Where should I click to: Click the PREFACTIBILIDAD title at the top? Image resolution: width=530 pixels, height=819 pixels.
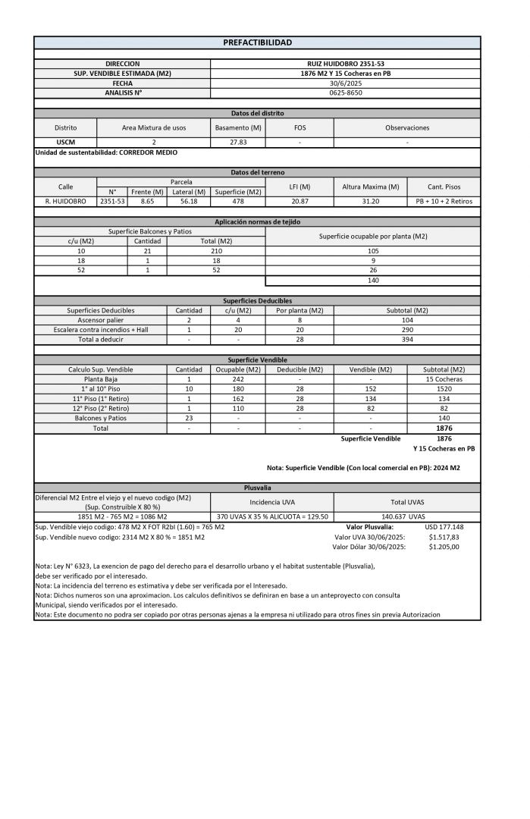pos(257,42)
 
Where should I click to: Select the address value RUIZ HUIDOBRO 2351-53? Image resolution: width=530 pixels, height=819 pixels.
pos(345,64)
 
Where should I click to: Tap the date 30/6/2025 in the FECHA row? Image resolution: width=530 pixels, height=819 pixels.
pos(345,83)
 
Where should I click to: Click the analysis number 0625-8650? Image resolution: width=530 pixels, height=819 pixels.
pos(345,93)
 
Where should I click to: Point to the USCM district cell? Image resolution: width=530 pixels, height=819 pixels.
pos(65,142)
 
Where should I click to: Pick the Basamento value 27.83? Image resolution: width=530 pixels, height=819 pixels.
pos(238,142)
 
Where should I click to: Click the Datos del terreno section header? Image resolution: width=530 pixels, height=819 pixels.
pos(257,173)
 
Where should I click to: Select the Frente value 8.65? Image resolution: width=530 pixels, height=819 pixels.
pos(146,202)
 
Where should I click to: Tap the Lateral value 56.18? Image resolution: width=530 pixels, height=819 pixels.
pos(190,202)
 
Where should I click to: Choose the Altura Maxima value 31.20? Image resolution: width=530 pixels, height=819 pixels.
pos(371,202)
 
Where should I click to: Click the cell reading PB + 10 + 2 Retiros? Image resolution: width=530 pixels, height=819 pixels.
pos(444,202)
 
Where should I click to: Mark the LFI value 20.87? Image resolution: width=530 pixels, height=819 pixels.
pos(299,202)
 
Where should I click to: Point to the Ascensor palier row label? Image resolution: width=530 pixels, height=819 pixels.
pos(100,320)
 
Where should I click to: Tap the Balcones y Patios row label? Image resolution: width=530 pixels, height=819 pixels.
pos(100,418)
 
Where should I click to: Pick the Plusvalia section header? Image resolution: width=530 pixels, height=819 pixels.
pos(257,488)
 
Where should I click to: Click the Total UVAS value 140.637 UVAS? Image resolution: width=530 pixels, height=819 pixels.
pos(407,516)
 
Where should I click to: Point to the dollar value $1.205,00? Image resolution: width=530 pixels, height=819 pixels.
pos(444,546)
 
